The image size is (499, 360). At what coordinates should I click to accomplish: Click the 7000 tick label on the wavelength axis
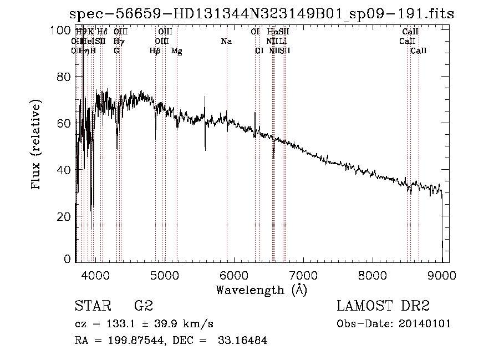pos(303,274)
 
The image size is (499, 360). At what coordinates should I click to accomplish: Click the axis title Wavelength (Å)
pos(261,289)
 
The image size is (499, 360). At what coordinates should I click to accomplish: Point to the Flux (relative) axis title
pos(37,145)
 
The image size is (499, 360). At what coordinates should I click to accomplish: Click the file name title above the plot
pos(261,13)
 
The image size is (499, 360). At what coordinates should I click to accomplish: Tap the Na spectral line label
pos(226,41)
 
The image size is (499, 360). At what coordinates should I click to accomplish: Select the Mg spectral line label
pos(176,50)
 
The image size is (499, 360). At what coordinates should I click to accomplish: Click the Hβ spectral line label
pos(155,50)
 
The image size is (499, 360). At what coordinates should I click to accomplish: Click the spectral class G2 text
pos(144,306)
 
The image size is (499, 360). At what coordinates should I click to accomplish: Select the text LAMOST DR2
pos(383,306)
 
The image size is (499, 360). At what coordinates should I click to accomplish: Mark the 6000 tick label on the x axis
pos(233,274)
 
